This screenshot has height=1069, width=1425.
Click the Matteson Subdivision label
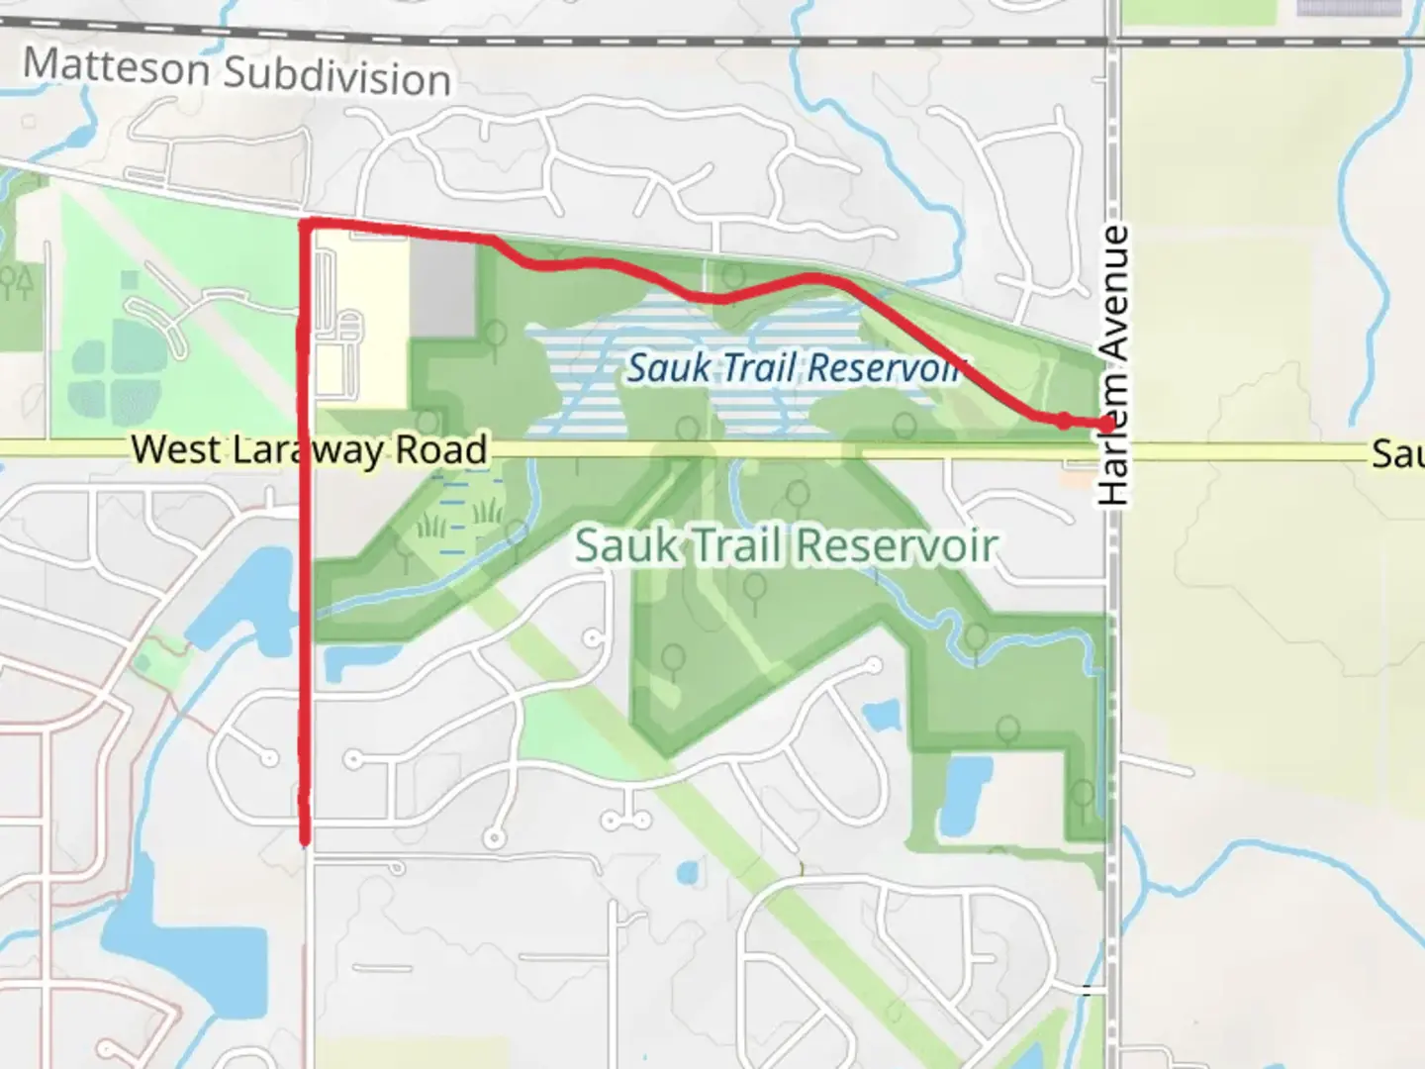coord(237,72)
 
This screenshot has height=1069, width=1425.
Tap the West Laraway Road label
coord(309,449)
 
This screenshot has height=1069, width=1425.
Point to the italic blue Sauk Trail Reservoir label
coord(795,368)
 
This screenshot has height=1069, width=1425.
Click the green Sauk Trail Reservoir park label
coord(786,545)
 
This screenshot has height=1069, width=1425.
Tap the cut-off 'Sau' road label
coord(1396,454)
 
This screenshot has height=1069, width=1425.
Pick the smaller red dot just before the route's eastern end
coord(1063,421)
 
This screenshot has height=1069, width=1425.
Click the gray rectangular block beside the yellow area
coord(443,288)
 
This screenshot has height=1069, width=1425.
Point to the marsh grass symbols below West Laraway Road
coord(459,518)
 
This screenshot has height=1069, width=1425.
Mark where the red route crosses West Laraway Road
coord(306,449)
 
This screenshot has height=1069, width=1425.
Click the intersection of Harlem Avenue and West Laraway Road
coord(1112,451)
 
